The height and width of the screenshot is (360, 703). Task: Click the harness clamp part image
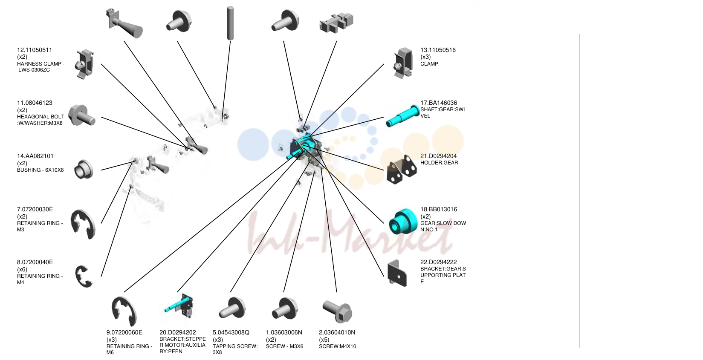(x=85, y=64)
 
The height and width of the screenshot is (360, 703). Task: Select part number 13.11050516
(x=438, y=50)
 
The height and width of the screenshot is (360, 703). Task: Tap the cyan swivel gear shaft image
(x=402, y=116)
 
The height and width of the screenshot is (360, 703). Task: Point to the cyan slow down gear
(x=403, y=222)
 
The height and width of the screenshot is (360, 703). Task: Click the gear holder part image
(x=402, y=169)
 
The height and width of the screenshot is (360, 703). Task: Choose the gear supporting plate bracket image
(x=397, y=273)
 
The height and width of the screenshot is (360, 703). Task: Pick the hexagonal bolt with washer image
(x=81, y=115)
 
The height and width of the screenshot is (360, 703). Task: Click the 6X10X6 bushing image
(x=84, y=169)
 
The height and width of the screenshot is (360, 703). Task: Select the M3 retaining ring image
(x=83, y=224)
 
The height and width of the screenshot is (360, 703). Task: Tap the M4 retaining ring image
(x=84, y=276)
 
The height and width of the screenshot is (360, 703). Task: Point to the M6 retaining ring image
(x=124, y=311)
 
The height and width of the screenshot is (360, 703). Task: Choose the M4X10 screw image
(x=337, y=311)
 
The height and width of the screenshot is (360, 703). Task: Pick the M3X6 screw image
(x=285, y=308)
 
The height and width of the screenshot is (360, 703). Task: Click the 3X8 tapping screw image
(x=232, y=308)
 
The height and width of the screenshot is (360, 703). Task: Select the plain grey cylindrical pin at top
(x=230, y=23)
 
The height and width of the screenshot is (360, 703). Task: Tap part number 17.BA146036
(x=438, y=103)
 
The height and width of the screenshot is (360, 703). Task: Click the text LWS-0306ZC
(x=34, y=70)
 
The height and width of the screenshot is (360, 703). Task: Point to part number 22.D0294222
(x=438, y=262)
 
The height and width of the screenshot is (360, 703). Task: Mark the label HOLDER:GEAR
(x=439, y=163)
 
